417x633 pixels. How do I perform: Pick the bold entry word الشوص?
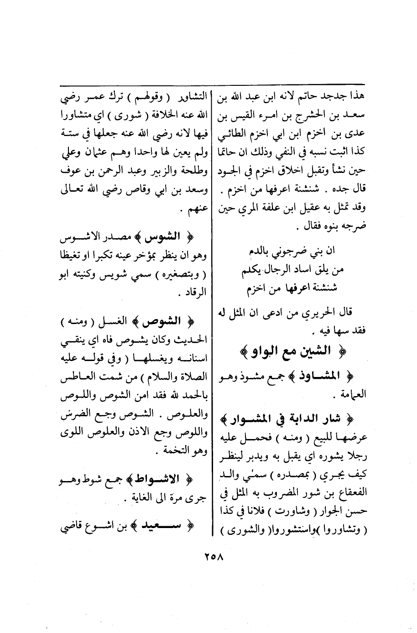coord(156,322)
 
